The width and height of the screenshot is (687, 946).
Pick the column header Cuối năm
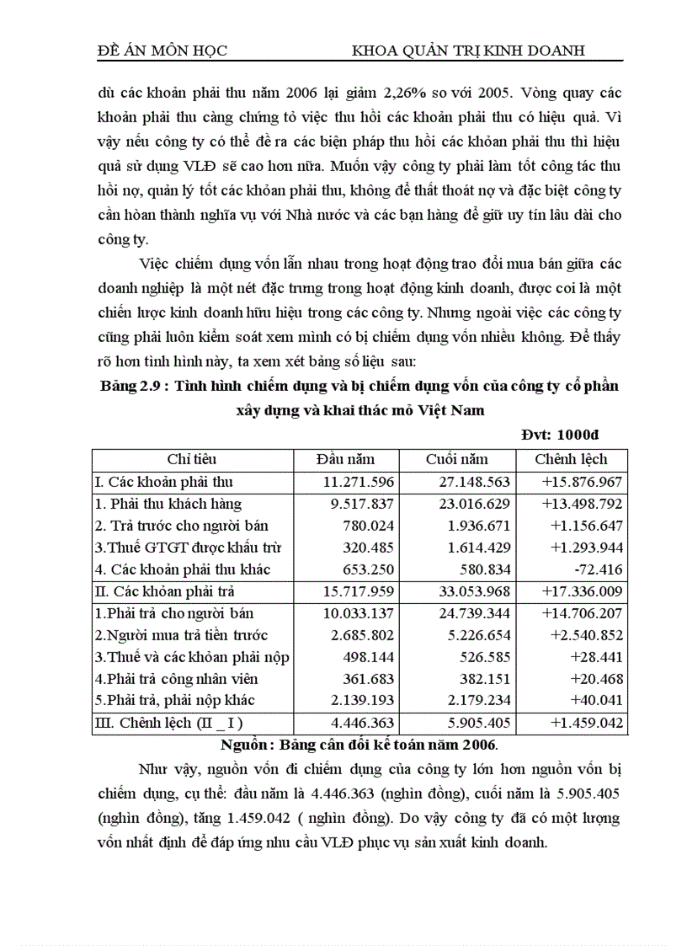tap(456, 459)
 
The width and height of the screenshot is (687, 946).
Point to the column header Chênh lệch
tap(570, 459)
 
